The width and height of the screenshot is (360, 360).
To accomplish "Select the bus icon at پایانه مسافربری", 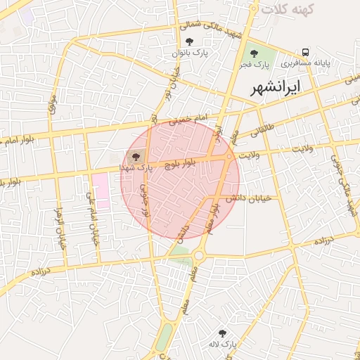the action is tap(305, 52).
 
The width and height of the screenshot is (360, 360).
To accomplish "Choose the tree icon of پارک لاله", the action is tap(223, 333).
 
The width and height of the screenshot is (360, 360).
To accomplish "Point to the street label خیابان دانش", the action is tap(261, 198).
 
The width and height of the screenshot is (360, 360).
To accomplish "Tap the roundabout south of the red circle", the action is tap(200, 255).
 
